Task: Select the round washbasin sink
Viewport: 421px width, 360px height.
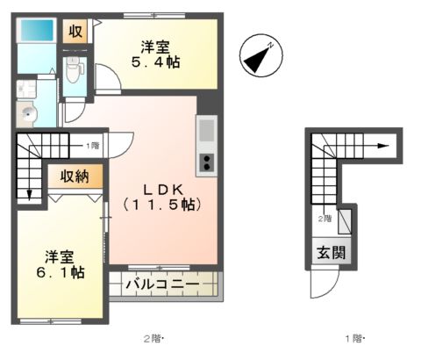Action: pyautogui.click(x=28, y=113)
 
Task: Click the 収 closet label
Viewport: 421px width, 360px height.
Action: pyautogui.click(x=75, y=31)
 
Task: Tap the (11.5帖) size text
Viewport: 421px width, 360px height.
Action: pyautogui.click(x=162, y=205)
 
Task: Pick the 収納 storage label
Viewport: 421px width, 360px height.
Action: pyautogui.click(x=74, y=176)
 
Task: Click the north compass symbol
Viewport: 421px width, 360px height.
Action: pyautogui.click(x=260, y=54)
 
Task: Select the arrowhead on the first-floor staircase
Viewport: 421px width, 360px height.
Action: pyautogui.click(x=384, y=147)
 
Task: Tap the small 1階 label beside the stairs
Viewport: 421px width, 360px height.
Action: pyautogui.click(x=91, y=145)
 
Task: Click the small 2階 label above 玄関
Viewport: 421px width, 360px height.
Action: pyautogui.click(x=325, y=218)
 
